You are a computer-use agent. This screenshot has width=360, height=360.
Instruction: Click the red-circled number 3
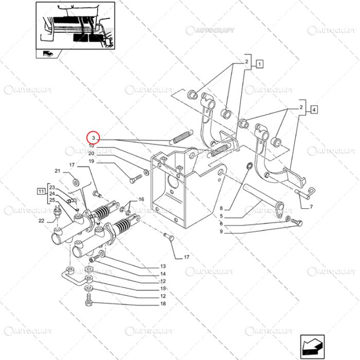click(x=93, y=138)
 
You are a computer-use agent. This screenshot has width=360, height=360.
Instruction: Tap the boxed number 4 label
click(x=314, y=109)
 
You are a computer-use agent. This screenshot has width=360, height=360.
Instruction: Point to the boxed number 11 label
click(x=41, y=191)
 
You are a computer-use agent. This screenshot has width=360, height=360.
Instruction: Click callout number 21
click(x=58, y=171)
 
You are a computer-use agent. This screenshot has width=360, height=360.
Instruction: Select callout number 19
click(x=91, y=161)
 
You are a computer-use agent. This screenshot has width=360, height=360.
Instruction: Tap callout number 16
click(x=141, y=200)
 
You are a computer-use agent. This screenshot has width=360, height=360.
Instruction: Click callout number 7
click(x=311, y=207)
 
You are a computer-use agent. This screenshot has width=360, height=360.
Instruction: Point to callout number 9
click(x=221, y=232)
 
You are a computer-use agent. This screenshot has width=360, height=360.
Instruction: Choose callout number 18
click(x=163, y=304)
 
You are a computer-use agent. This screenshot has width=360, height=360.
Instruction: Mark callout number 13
click(x=163, y=266)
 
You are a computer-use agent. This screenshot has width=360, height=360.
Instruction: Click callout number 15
click(x=163, y=289)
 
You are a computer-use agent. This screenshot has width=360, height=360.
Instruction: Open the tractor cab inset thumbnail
click(x=75, y=26)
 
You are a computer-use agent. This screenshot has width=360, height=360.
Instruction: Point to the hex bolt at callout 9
click(x=297, y=223)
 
